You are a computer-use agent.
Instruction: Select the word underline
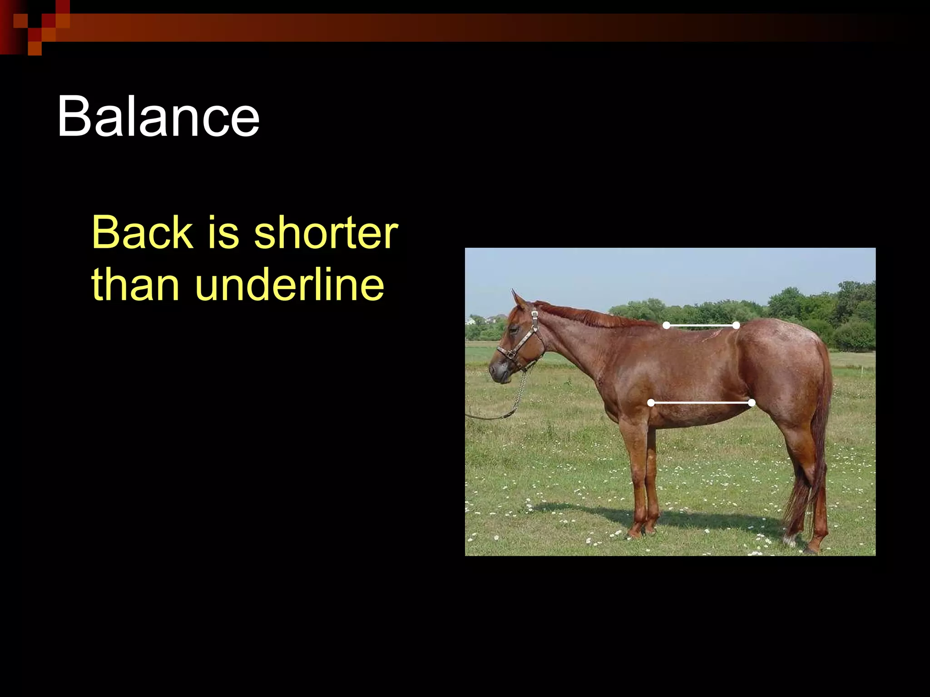tap(290, 285)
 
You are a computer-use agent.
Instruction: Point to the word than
tap(135, 285)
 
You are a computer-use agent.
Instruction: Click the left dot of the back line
tap(666, 325)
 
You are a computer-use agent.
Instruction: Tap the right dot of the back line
tap(736, 325)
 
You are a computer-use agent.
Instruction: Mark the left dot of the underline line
tap(651, 403)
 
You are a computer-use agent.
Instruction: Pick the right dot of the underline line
tap(752, 403)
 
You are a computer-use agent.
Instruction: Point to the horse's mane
tap(590, 315)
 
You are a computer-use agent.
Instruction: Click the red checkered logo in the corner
tap(35, 27)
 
